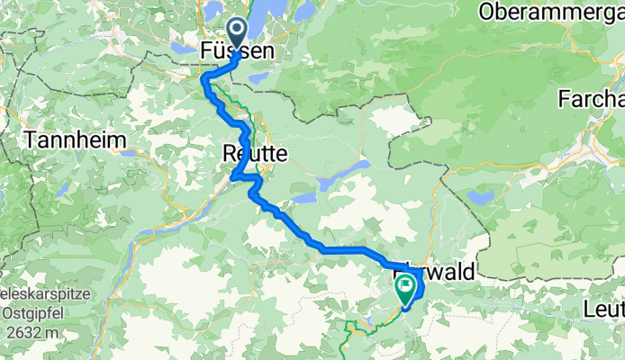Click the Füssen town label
[236, 53]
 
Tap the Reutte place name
[255, 155]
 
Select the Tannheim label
[69, 140]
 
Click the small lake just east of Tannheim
[131, 153]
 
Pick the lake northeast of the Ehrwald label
[481, 197]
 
